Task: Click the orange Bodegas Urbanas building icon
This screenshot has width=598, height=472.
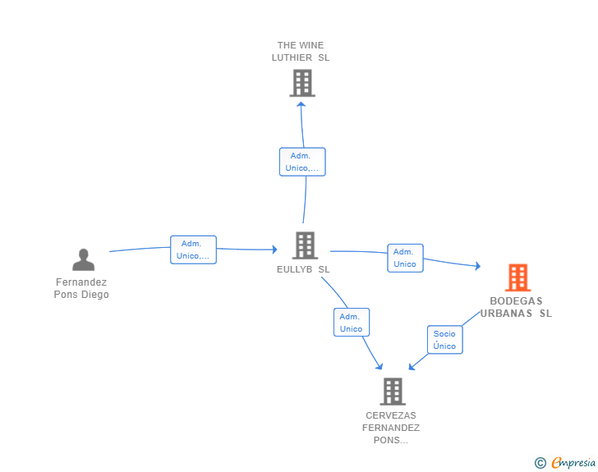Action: tap(517, 277)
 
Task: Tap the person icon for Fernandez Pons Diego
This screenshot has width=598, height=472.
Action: tap(83, 259)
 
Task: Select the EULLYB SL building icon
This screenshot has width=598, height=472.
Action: tap(305, 245)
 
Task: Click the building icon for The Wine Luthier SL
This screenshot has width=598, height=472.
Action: tap(302, 83)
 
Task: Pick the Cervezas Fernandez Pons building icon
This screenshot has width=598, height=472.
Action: tap(393, 392)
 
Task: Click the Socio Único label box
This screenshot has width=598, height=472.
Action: tap(444, 340)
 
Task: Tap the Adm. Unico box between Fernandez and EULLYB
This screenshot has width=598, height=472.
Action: tap(193, 250)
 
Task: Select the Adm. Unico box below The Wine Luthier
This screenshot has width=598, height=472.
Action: tap(302, 162)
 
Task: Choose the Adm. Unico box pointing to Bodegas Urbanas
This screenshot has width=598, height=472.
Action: tap(405, 258)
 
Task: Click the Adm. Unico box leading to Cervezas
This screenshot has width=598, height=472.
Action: tap(352, 322)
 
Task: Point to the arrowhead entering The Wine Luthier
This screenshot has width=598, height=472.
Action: tap(301, 104)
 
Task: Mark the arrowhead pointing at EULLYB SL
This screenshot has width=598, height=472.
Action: tap(274, 250)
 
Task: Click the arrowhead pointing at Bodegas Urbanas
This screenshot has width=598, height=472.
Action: tap(478, 266)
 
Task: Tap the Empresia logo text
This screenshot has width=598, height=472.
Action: tap(573, 462)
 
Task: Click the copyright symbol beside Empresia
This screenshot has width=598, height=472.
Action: tap(540, 463)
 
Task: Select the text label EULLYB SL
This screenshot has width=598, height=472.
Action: tap(303, 269)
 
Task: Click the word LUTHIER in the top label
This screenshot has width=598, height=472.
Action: tap(292, 57)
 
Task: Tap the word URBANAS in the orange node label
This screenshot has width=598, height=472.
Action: tap(506, 314)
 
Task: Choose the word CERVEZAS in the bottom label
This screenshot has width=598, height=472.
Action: tap(391, 415)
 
